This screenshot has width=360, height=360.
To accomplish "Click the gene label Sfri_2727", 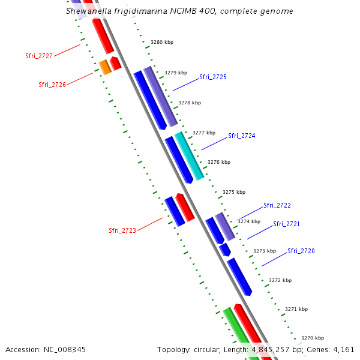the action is tap(39, 56).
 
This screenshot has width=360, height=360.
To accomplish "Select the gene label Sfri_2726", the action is tap(52, 85).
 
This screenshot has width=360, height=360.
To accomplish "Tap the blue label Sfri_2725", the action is tap(213, 77).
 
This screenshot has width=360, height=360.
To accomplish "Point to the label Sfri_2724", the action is tap(242, 136).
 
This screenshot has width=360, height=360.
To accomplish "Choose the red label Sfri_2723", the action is tap(122, 230).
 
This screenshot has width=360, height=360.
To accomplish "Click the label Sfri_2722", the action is tap(277, 205).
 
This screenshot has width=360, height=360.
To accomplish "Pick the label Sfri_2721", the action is tap(287, 224).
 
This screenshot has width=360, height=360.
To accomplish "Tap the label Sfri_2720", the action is tap(301, 251).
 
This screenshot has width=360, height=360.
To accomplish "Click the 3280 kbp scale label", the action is tap(162, 43).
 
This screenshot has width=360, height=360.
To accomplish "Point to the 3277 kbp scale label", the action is tap(204, 133).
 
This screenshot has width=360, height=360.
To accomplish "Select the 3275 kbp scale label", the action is tap(234, 193).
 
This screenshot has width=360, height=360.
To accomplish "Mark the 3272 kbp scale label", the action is tap(280, 280).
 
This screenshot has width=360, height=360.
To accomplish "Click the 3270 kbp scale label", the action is tap(313, 338).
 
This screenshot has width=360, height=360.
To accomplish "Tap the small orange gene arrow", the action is tap(105, 67).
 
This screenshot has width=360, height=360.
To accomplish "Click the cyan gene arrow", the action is tap(190, 155).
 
